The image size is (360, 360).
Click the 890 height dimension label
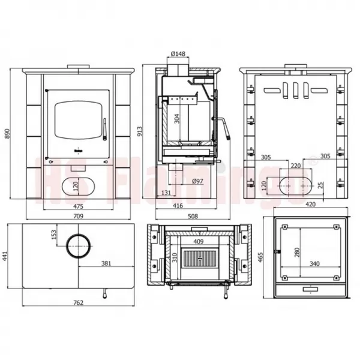tap(7, 133)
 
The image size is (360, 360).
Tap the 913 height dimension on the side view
tap(139, 131)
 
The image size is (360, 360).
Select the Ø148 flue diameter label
tap(178, 54)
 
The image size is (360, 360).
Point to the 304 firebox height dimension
tap(177, 119)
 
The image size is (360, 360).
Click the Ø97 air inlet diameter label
tap(197, 181)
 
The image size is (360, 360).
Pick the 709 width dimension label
tap(78, 216)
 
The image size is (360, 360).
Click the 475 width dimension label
tap(78, 206)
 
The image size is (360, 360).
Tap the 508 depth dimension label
tap(193, 216)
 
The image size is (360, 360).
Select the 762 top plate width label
tap(78, 302)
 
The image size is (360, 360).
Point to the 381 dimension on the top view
tap(106, 263)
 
